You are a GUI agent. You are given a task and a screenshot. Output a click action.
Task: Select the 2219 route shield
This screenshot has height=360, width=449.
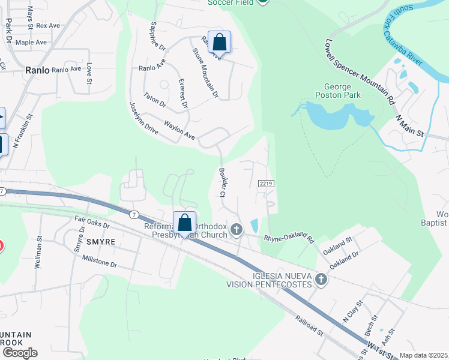coord(267,182)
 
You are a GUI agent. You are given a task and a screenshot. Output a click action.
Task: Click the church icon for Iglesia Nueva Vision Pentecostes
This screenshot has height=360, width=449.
coord(321,280)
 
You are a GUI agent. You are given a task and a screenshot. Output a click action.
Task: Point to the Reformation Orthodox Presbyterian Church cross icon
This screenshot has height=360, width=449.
coord(237,229)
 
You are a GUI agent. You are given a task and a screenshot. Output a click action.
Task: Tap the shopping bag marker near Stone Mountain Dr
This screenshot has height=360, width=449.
coord(219,43)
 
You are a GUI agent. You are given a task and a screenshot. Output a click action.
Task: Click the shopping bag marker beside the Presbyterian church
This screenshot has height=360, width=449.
coord(185,223)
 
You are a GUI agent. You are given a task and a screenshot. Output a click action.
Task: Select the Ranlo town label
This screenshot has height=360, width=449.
coord(37,70)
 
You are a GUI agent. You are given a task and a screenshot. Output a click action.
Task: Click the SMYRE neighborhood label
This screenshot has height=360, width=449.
coord(100,242)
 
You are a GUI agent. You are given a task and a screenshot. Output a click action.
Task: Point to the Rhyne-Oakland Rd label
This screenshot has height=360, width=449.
coord(289,238)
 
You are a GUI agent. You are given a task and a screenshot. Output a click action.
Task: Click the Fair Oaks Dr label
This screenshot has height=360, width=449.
coord(92,224)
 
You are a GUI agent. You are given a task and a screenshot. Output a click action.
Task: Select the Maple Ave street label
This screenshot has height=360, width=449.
coord(31,43)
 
